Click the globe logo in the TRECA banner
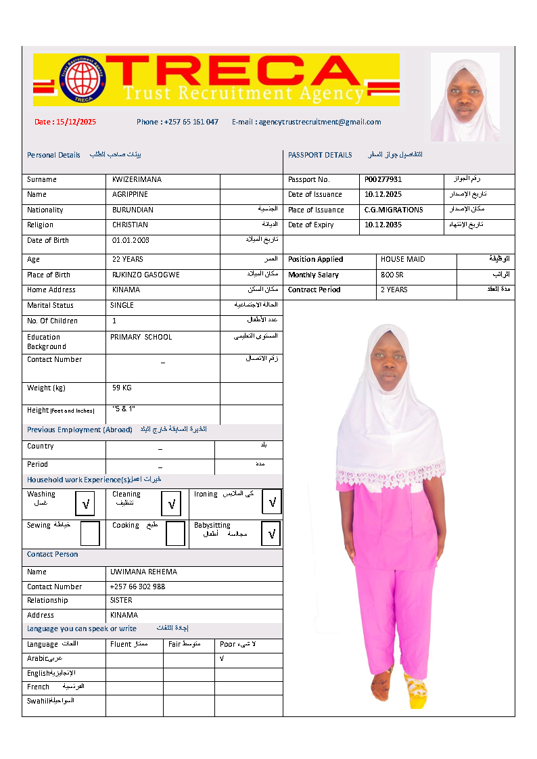point(83,79)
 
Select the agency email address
point(306,122)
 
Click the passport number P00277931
point(383,180)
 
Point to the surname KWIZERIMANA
point(137,180)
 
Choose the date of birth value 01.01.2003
point(131,241)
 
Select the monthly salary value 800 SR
point(392,275)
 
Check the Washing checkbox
point(86,503)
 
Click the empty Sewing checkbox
point(89,533)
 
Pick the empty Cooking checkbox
point(175,533)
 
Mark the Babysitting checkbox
point(271,534)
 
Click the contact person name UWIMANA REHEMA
point(143,572)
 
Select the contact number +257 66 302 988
point(137,587)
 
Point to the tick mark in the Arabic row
point(222,658)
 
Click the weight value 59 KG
point(122,388)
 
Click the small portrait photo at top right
point(465,97)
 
